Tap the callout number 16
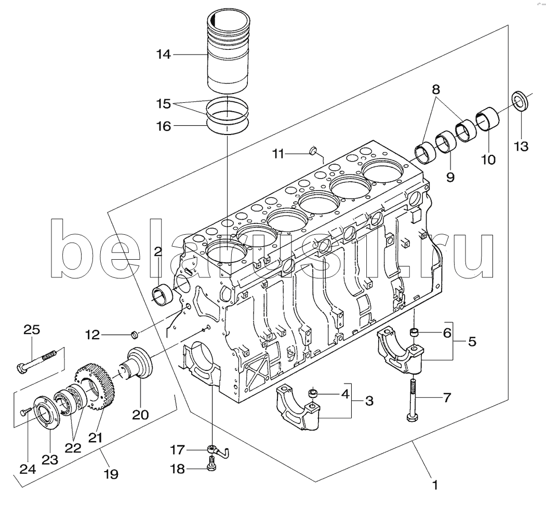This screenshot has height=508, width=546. tap(164, 126)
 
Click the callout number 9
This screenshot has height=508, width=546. tap(450, 177)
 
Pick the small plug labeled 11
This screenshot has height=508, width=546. tap(313, 151)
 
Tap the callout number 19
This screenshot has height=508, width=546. tap(111, 474)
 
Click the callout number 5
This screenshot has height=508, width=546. tap(472, 341)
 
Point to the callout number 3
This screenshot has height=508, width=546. tap(369, 400)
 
